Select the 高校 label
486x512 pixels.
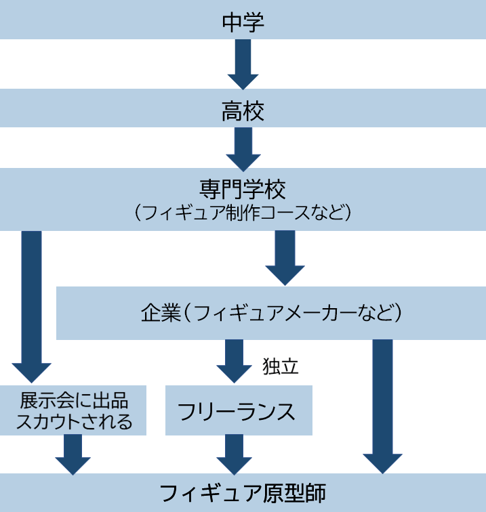[x=243, y=110]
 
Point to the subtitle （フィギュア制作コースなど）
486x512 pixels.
[x=243, y=213]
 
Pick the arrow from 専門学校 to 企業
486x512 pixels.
[x=285, y=258]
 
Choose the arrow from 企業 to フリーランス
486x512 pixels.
[x=235, y=361]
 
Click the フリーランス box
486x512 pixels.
[x=239, y=410]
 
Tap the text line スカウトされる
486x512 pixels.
[x=73, y=422]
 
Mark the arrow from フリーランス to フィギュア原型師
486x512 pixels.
[x=235, y=454]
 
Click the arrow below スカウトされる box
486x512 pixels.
[x=73, y=454]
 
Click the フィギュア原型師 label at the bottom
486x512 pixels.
[x=243, y=493]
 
